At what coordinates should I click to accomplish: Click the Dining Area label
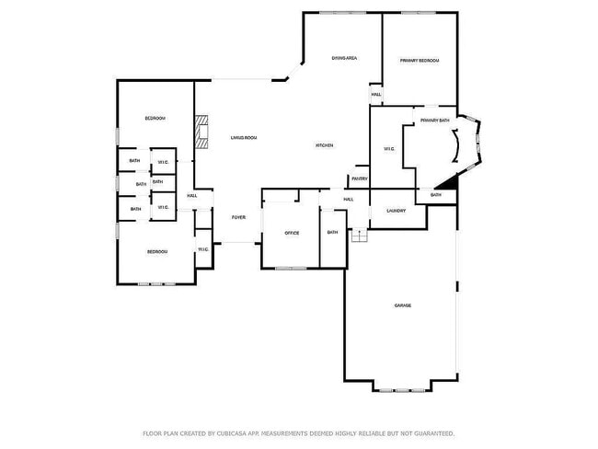tap(344, 59)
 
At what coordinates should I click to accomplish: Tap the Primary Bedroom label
tap(420, 61)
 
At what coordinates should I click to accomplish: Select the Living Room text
tap(244, 138)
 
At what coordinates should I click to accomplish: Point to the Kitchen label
tap(325, 145)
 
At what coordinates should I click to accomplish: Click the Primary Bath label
tap(434, 121)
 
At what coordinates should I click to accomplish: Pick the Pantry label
tap(360, 178)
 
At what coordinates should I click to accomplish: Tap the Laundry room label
tap(397, 211)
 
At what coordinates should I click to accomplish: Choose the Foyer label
tap(238, 217)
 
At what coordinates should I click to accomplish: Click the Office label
tap(292, 233)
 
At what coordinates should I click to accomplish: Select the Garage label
tap(403, 305)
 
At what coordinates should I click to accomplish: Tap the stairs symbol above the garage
tap(360, 236)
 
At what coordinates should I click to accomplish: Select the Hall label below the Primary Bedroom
tap(376, 95)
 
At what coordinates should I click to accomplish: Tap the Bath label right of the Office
tap(332, 232)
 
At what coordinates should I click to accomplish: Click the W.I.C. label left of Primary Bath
tap(388, 150)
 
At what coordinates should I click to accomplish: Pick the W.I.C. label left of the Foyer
tap(203, 249)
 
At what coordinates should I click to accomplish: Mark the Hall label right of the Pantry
tap(349, 199)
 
